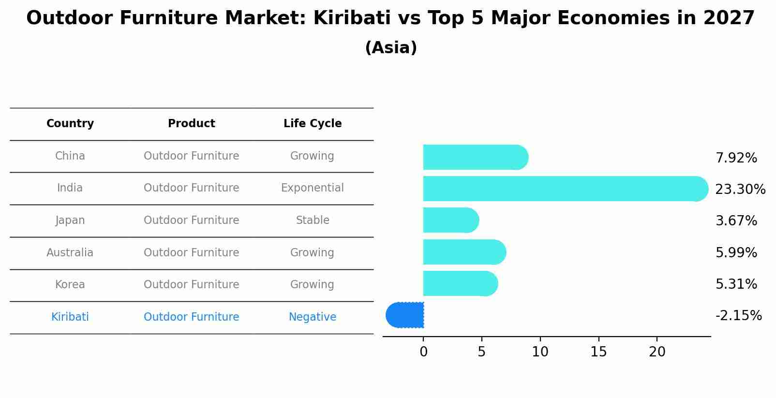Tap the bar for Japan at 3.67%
click(450, 220)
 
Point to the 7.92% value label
click(736, 158)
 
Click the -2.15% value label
click(738, 316)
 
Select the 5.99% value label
click(736, 252)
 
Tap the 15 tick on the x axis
click(598, 352)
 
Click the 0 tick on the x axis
click(423, 352)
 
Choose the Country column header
click(70, 124)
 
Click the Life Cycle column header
click(313, 124)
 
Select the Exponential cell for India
click(313, 188)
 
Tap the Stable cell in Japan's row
click(313, 221)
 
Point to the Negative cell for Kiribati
click(313, 317)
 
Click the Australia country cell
click(70, 252)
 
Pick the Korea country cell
click(70, 285)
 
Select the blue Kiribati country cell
click(70, 317)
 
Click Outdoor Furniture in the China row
click(192, 156)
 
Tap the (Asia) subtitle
click(391, 48)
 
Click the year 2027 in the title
click(729, 18)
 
